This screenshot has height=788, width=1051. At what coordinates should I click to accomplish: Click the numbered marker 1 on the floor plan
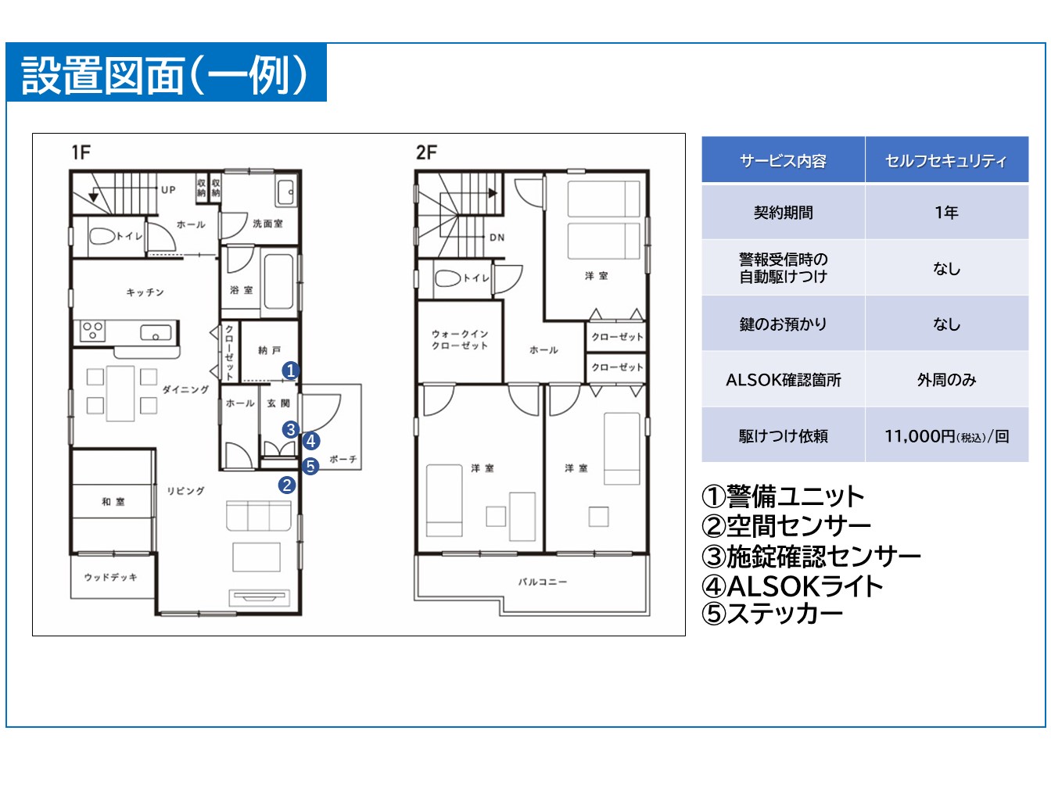tap(290, 371)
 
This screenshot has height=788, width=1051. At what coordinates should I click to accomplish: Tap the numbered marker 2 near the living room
tap(287, 485)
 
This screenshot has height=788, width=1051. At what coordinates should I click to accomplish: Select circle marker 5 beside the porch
tap(310, 466)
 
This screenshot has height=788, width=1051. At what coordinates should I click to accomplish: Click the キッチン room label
tap(145, 292)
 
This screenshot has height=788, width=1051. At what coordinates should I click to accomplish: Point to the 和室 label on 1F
tap(113, 502)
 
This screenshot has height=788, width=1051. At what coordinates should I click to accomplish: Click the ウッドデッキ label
tap(111, 578)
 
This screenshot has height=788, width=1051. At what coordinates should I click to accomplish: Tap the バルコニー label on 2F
tap(542, 582)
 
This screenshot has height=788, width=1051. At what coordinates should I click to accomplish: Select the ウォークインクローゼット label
tap(460, 339)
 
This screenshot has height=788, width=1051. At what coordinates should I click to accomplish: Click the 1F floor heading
tap(81, 152)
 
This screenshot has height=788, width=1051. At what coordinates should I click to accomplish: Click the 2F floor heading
tap(426, 152)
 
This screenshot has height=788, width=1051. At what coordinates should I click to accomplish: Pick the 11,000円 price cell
tap(946, 436)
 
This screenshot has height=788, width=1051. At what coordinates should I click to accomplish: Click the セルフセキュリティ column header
tap(946, 161)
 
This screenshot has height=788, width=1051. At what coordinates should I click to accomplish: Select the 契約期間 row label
tap(783, 213)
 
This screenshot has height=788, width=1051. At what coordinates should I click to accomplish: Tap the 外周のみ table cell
tap(946, 380)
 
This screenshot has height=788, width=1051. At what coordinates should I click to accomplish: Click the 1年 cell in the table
tap(946, 213)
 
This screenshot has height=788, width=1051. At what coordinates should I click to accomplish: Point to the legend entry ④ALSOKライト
tap(792, 586)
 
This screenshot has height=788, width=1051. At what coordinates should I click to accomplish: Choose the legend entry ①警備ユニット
tap(783, 496)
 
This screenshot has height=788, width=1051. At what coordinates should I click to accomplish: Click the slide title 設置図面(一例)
tap(165, 75)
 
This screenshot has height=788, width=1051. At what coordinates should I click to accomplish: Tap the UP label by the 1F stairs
tap(168, 190)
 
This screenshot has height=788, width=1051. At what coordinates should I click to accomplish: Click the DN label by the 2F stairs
tap(497, 238)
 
